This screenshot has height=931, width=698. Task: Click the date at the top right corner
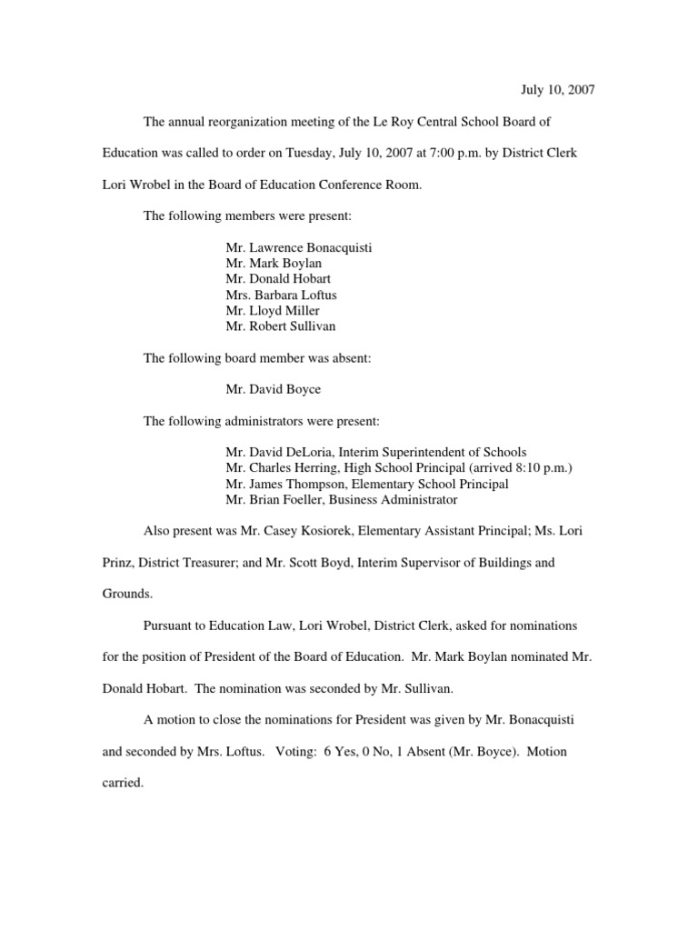tap(557, 90)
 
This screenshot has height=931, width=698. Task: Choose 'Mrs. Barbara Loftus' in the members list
tap(282, 295)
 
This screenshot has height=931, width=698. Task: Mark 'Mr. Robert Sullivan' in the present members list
tap(282, 325)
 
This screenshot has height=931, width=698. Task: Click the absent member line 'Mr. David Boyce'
tap(273, 389)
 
